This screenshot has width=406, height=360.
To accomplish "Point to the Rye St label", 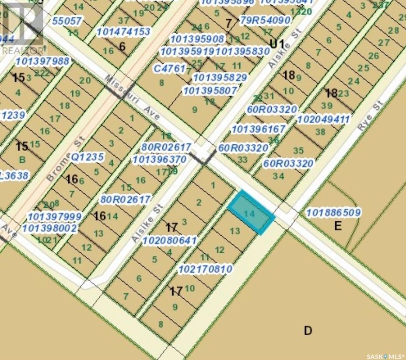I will [x=370, y=116].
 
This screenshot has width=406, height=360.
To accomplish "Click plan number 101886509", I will [x=334, y=213].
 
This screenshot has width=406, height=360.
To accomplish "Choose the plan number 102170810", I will [x=205, y=269].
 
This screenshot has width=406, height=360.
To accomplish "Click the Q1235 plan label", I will [x=87, y=157].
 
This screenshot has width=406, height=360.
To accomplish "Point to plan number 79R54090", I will [x=265, y=20].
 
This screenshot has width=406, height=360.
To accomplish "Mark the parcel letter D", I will [x=308, y=330].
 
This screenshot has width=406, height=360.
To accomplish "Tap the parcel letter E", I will [x=337, y=226].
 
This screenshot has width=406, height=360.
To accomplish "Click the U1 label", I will [x=277, y=44].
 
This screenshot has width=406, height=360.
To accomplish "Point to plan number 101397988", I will [x=42, y=61].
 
